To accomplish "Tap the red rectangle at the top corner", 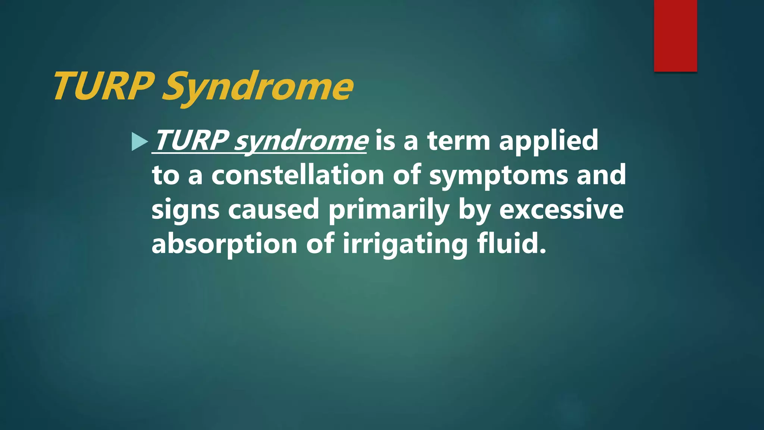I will tap(675, 35).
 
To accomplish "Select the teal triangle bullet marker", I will tap(140, 142).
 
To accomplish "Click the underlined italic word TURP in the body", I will tap(191, 141).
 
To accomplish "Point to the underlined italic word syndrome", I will tap(301, 141).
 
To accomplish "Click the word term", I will tap(458, 141).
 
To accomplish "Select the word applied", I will tap(548, 141).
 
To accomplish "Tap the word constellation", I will tap(298, 175).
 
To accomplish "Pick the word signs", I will tap(185, 210).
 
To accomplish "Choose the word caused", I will tap(273, 209).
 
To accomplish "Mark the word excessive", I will tap(561, 209).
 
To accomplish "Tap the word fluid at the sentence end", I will tap(511, 244).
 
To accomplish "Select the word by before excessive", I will tap(474, 210).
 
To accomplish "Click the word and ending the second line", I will tap(601, 175).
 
